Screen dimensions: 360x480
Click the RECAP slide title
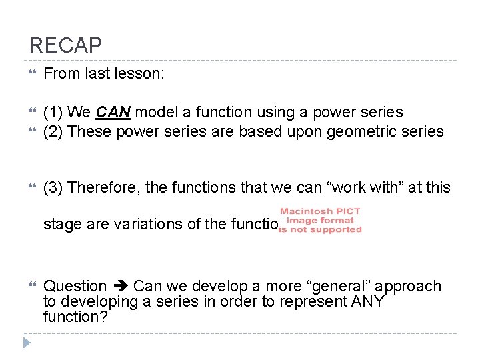click(65, 45)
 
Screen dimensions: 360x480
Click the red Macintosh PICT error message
click(321, 220)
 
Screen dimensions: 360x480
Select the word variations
click(155, 224)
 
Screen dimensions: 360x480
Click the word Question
click(75, 287)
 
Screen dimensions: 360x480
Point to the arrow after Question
click(120, 287)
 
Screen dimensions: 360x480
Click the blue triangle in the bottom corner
click(26, 343)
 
